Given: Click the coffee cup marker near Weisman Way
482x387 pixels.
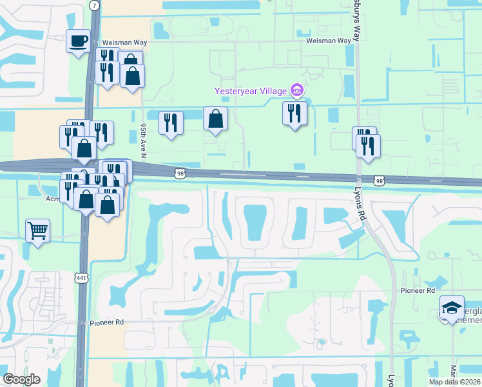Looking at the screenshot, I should (79, 42).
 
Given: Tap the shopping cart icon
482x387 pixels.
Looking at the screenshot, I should (37, 230).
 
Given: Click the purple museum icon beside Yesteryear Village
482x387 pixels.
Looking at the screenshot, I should (296, 90).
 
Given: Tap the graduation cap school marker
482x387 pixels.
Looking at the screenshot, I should (452, 308).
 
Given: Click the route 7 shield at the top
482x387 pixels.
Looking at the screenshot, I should (95, 5).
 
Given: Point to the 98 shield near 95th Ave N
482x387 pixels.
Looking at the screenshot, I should (180, 173).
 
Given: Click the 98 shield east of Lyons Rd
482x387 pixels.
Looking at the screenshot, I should (380, 181).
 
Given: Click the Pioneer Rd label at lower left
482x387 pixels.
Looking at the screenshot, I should (106, 322).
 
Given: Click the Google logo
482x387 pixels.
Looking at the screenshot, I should (22, 379).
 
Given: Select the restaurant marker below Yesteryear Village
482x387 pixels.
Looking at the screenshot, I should (294, 114).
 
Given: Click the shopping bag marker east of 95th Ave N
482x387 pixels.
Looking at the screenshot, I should (215, 119).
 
